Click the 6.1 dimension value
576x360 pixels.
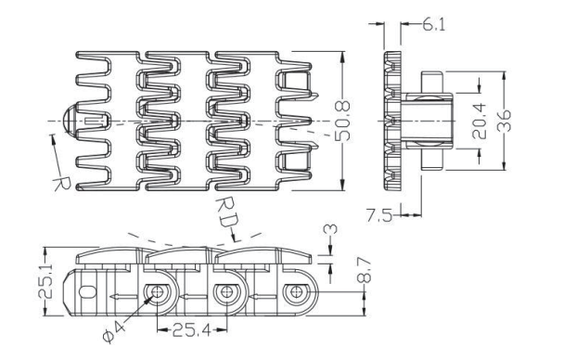[433, 25]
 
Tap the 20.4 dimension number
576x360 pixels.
[479, 122]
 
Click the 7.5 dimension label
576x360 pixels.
[378, 215]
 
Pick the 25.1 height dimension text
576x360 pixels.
[45, 280]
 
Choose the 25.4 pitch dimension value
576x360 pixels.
[192, 330]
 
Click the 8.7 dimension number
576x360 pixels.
[364, 270]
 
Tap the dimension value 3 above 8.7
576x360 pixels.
[330, 229]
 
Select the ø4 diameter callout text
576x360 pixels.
[114, 332]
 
